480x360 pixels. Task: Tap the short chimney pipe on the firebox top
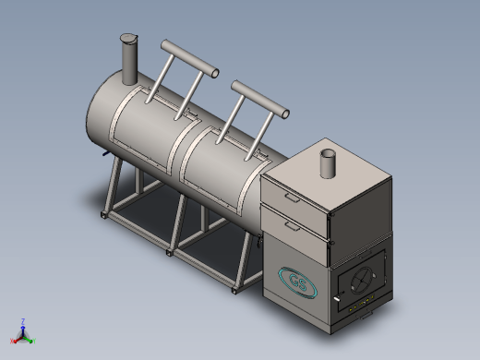pos(328,163)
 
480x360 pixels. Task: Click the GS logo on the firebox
pos(297,282)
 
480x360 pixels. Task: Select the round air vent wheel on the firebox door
pos(363,280)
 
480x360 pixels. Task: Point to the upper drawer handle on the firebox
pos(292,198)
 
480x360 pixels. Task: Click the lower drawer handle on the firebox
pos(292,226)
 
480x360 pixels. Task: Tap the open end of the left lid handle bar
pos(215,73)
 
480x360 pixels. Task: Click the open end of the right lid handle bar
pos(285,114)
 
